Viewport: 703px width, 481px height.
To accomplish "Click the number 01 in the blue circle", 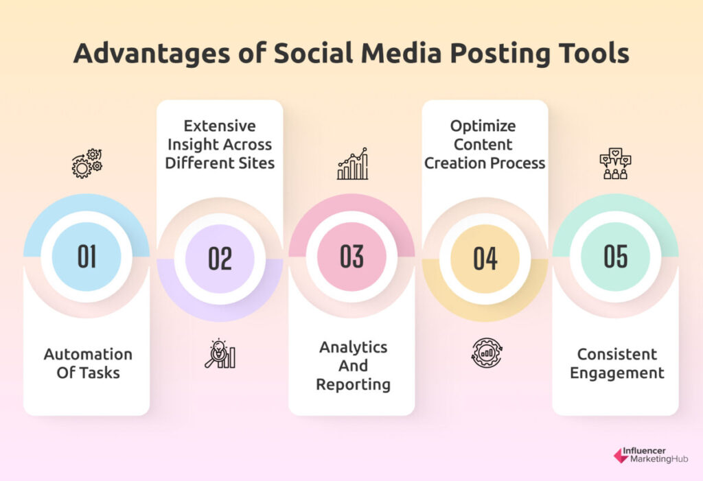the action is tap(87, 256).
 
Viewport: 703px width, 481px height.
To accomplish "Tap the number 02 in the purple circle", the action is tap(220, 259).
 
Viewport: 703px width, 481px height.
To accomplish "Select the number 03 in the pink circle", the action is tap(351, 256).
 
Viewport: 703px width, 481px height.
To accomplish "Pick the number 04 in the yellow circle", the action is tap(485, 259).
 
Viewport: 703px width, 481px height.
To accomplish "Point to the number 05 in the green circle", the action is tap(616, 256).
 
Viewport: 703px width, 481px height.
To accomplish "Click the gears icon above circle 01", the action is tap(87, 163).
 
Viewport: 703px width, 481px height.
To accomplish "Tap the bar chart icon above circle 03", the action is tap(352, 163).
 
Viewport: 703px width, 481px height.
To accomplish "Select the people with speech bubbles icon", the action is tap(615, 163).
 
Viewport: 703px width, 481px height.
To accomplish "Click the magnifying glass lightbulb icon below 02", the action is tap(220, 353).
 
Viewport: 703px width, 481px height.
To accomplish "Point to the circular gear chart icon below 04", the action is tap(487, 353).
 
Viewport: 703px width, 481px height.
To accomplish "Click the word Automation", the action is tap(88, 354).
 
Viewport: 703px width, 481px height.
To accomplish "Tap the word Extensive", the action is tap(220, 126).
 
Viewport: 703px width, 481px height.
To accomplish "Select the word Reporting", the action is tap(354, 385).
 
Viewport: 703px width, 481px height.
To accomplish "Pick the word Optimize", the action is tap(483, 126).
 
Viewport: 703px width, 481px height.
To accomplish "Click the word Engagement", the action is tap(617, 373).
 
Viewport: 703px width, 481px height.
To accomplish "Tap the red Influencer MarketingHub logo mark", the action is tap(621, 456).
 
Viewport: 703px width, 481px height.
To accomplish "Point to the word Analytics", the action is tap(354, 347).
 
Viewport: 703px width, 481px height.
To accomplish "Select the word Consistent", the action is tap(617, 354).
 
